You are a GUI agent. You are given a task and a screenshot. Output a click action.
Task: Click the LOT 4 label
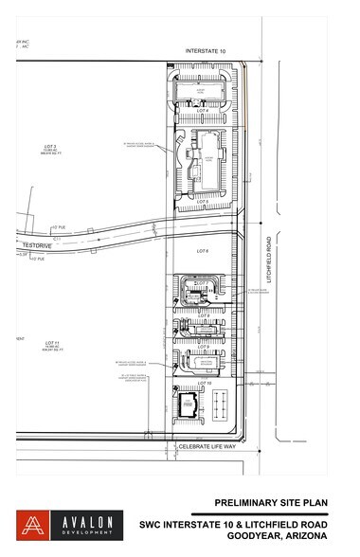pos(201,112)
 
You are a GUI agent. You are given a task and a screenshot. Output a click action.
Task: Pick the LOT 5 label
pos(202,201)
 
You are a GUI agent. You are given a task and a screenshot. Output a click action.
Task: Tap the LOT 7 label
pos(201,283)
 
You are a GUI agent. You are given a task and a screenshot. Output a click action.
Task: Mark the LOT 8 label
pos(201,314)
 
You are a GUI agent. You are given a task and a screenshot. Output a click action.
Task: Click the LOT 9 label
pos(201,345)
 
